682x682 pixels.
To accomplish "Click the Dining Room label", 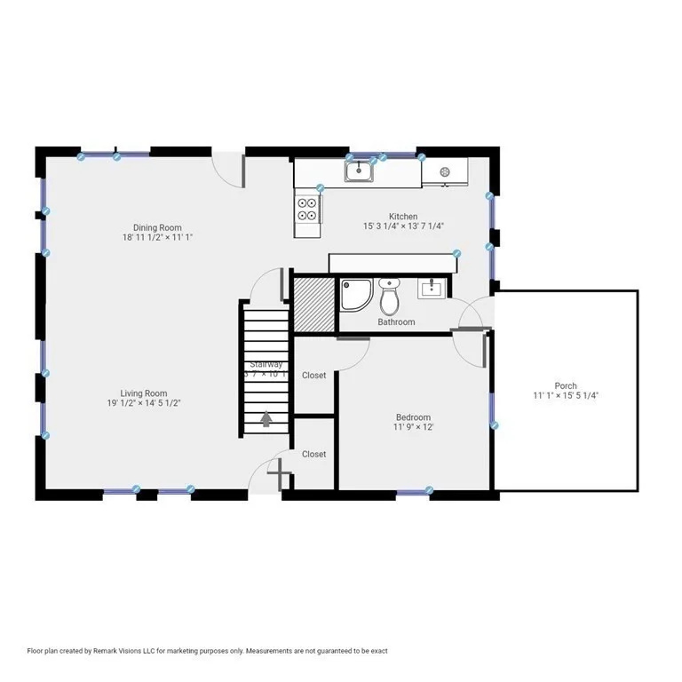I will (x=157, y=227).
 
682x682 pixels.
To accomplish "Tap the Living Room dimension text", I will (x=144, y=403).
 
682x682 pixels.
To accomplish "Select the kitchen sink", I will (x=359, y=169).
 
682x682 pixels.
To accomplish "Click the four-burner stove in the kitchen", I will (x=307, y=209).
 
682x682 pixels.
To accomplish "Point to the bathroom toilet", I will (x=389, y=296).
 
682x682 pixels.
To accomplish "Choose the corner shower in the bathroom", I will (x=356, y=295).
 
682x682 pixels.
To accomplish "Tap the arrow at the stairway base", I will (x=266, y=417).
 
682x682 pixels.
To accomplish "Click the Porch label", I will (x=566, y=386).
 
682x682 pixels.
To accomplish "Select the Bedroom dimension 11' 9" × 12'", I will (x=413, y=427).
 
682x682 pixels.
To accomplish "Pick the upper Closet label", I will (x=313, y=376).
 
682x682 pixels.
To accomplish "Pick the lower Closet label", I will (x=313, y=454).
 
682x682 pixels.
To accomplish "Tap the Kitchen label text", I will (x=403, y=217).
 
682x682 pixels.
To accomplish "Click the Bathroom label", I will (x=396, y=322).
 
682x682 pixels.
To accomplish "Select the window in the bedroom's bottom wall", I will (x=414, y=490).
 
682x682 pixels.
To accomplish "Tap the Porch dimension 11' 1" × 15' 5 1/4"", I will (x=566, y=396).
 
